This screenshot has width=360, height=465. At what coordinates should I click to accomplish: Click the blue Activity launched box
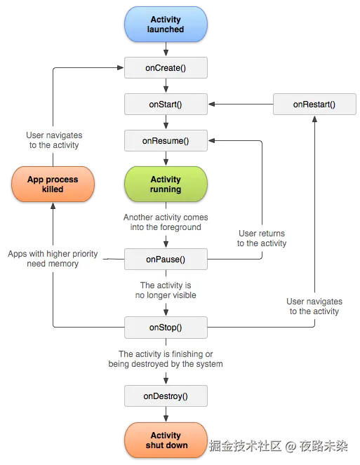tap(166, 25)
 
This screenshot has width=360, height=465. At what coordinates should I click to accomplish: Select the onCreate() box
tap(166, 67)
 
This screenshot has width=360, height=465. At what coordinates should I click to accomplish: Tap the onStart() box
tap(166, 105)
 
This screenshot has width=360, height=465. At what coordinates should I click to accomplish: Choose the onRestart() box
tap(314, 105)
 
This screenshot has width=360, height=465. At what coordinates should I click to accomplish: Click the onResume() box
tap(166, 140)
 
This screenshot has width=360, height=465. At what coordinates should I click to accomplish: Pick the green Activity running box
tap(166, 184)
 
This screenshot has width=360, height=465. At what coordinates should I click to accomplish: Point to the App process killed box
tap(53, 184)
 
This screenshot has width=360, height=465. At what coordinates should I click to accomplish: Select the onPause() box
tap(166, 260)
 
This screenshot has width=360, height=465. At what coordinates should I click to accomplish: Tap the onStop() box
tap(166, 327)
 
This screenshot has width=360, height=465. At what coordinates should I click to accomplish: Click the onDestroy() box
tap(166, 396)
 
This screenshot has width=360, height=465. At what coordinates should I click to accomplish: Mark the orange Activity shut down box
tap(166, 440)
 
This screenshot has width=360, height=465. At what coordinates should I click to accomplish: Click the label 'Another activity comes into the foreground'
tap(166, 222)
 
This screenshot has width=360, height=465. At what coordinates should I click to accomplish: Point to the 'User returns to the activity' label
tap(262, 238)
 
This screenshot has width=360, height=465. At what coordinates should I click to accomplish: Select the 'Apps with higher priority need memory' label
tap(53, 259)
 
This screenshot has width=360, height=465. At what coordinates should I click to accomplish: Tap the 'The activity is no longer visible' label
tap(166, 290)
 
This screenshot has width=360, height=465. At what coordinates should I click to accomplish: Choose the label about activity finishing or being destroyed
tap(166, 359)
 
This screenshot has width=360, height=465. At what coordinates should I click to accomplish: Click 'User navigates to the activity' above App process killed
tap(54, 140)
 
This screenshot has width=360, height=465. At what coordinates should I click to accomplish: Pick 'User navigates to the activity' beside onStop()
tap(314, 306)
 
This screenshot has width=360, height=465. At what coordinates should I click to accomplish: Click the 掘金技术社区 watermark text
tap(245, 445)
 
